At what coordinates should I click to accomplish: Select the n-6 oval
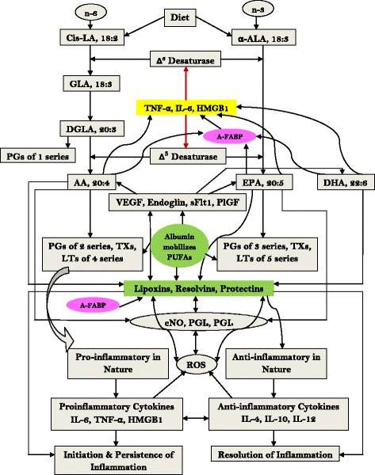[88, 13]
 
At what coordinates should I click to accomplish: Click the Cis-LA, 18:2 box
[88, 38]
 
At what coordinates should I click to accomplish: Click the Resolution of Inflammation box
[287, 454]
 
